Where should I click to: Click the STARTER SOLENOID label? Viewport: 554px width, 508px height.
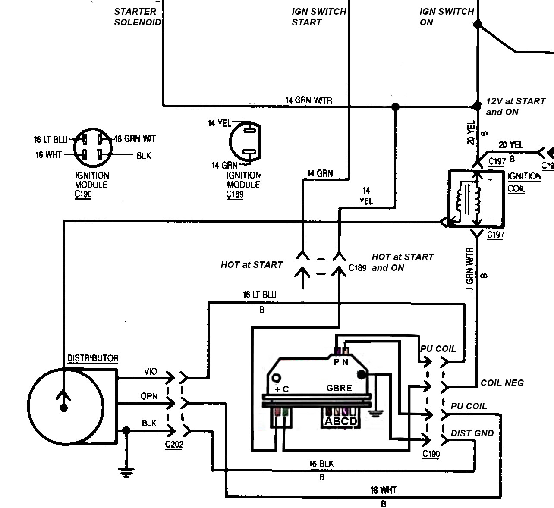pyautogui.click(x=137, y=17)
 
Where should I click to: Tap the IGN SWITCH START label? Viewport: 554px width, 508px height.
pyautogui.click(x=318, y=17)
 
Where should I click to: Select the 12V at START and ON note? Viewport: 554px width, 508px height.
pyautogui.click(x=515, y=107)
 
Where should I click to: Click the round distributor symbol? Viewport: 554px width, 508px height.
pyautogui.click(x=66, y=407)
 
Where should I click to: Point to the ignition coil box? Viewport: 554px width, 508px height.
pyautogui.click(x=476, y=199)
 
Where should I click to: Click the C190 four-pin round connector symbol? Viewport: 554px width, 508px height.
pyautogui.click(x=93, y=147)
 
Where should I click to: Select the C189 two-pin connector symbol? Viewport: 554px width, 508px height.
pyautogui.click(x=245, y=142)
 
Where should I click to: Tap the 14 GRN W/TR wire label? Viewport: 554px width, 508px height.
pyautogui.click(x=308, y=100)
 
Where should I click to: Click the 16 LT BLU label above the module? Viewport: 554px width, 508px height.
pyautogui.click(x=259, y=295)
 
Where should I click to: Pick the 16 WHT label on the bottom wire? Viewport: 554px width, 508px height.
pyautogui.click(x=383, y=490)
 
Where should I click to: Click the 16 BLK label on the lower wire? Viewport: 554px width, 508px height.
pyautogui.click(x=321, y=464)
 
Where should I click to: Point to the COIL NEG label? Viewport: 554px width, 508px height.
pyautogui.click(x=502, y=383)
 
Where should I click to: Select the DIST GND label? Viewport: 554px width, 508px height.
pyautogui.click(x=472, y=433)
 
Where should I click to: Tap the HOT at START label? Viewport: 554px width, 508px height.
pyautogui.click(x=252, y=265)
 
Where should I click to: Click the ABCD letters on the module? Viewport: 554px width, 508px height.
pyautogui.click(x=341, y=421)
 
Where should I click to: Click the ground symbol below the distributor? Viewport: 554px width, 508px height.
pyautogui.click(x=126, y=473)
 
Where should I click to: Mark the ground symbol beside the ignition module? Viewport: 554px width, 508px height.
pyautogui.click(x=376, y=413)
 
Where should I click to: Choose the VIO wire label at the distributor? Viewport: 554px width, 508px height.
pyautogui.click(x=150, y=371)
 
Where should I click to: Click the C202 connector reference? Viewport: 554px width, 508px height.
pyautogui.click(x=174, y=445)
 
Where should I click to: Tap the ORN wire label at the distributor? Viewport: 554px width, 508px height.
pyautogui.click(x=149, y=396)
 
